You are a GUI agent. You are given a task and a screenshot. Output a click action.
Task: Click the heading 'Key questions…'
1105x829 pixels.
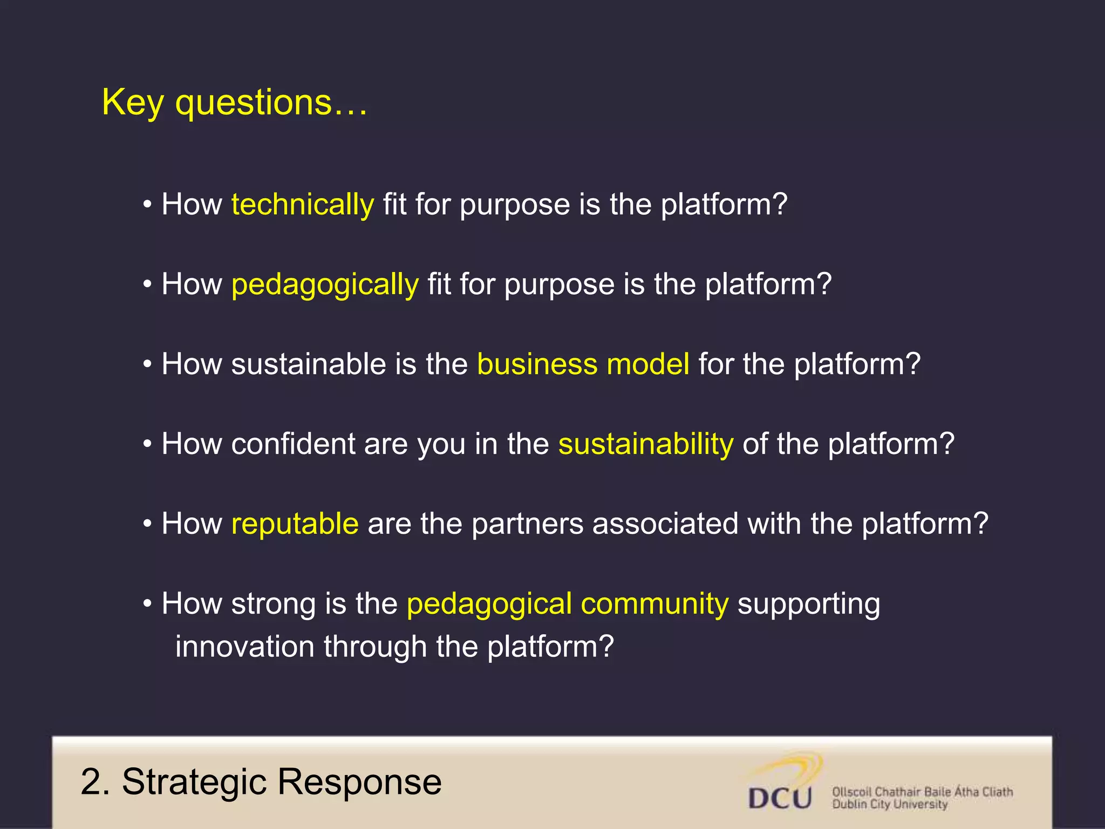click(235, 103)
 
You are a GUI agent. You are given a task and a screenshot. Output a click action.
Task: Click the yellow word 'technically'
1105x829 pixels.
click(302, 205)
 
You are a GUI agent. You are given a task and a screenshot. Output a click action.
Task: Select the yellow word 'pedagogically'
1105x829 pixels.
click(325, 285)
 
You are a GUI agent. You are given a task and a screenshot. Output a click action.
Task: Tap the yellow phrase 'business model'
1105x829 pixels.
click(583, 364)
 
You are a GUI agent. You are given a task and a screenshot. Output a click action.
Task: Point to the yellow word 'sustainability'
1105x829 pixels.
click(646, 444)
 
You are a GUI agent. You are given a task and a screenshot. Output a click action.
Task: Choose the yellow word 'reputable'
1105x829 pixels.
click(295, 524)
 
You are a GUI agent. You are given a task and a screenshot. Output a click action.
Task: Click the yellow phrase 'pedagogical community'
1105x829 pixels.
click(568, 604)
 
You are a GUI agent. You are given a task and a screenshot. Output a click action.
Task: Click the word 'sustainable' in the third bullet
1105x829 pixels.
click(308, 364)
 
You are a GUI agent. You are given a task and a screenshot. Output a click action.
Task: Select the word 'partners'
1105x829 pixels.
click(527, 524)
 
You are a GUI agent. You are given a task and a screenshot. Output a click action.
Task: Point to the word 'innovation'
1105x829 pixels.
click(245, 647)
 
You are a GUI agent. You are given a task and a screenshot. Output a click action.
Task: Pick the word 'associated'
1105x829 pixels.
click(665, 524)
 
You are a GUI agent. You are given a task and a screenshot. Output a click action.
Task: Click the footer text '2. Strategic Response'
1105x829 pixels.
click(261, 782)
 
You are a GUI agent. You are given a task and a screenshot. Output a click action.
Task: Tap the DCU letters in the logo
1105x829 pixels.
click(780, 798)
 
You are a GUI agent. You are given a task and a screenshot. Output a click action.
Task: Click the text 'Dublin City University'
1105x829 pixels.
click(890, 805)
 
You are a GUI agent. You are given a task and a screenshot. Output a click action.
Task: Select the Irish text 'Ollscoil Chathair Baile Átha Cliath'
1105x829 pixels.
click(922, 792)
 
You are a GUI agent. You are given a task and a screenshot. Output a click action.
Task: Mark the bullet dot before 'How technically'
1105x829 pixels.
click(147, 206)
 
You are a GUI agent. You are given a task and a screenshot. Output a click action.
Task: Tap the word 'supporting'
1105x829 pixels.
click(808, 604)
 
